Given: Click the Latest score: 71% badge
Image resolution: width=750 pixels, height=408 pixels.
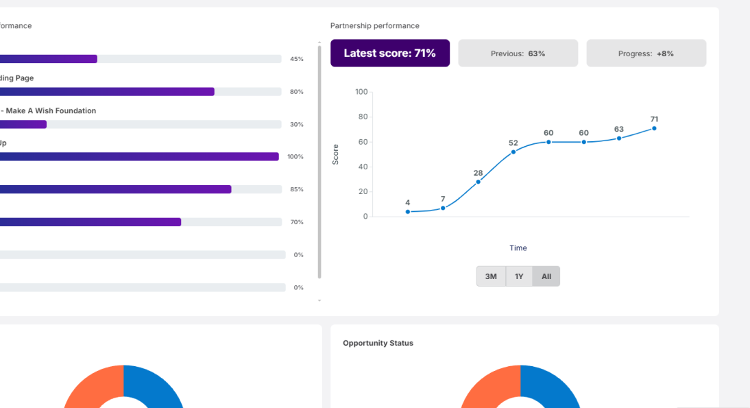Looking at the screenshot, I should click(x=389, y=53).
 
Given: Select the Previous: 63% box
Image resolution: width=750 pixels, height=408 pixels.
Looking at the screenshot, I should click(x=518, y=53).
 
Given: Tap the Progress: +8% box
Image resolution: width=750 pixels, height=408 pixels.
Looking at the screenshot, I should click(x=646, y=53).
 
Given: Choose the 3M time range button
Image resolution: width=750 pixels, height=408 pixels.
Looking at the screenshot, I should click(x=491, y=276).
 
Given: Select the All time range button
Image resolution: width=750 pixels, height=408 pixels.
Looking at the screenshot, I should click(x=546, y=276).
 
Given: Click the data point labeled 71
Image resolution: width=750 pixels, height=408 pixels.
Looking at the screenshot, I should click(x=654, y=128).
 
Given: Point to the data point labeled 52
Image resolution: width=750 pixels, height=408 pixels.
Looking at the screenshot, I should click(x=513, y=152).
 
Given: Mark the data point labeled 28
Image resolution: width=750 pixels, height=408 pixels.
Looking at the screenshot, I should click(x=478, y=182).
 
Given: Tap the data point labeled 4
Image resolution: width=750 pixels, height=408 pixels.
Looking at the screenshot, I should click(x=408, y=212).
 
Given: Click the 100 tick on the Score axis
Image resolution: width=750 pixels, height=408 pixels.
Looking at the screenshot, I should click(x=361, y=92).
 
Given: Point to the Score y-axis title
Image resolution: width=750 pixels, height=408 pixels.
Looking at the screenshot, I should click(x=336, y=154).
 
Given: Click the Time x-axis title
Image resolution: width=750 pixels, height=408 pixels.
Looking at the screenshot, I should click(x=518, y=248).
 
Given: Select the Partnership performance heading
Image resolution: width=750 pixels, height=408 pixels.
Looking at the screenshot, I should click(x=375, y=26).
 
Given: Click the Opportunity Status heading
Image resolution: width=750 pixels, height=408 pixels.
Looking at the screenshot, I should click(x=378, y=343).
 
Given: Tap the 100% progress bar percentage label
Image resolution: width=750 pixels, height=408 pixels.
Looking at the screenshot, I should click(x=295, y=157).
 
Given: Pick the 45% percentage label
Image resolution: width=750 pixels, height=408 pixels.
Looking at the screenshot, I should click(x=296, y=59).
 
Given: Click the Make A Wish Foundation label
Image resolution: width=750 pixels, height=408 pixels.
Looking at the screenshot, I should click(x=51, y=111).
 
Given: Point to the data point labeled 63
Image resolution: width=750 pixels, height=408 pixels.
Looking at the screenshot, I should click(x=619, y=139).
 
